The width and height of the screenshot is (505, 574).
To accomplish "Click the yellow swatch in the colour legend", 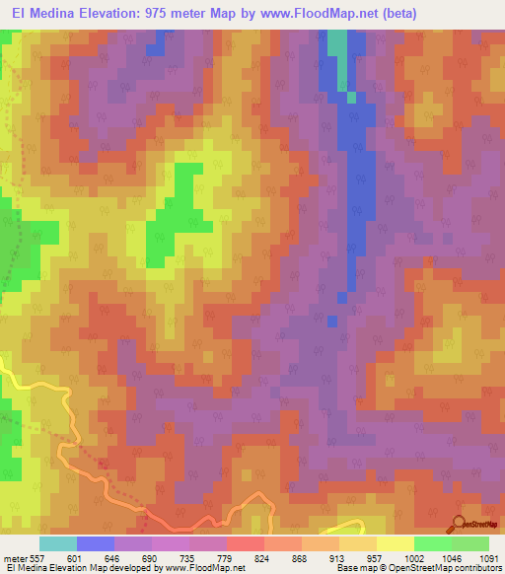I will click(395, 543).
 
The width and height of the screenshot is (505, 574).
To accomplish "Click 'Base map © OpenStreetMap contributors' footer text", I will click(418, 569).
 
